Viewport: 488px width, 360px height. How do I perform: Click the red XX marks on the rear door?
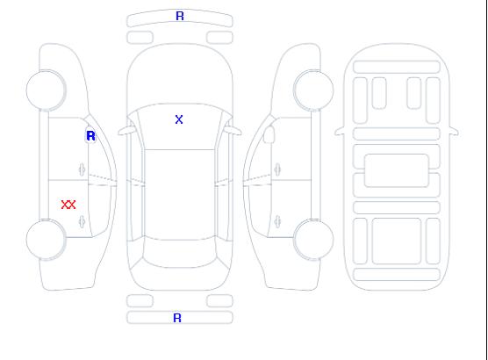68,205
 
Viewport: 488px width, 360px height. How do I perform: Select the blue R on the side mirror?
90,136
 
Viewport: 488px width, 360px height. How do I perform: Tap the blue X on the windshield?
179,119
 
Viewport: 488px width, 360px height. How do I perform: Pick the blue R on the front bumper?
180,16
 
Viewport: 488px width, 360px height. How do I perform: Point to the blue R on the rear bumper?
177,318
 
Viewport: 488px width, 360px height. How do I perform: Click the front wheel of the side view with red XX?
46,90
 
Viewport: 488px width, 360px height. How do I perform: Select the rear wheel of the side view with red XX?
46,240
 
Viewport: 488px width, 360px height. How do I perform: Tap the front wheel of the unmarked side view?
313,90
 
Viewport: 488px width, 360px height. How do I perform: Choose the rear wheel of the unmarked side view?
313,240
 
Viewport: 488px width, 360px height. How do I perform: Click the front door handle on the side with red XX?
82,169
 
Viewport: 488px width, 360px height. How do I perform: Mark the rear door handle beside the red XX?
82,221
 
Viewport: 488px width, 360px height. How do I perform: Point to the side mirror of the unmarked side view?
269,134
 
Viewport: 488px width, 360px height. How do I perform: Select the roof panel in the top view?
180,195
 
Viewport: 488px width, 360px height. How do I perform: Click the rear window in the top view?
180,253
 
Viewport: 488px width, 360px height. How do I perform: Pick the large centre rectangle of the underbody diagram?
397,170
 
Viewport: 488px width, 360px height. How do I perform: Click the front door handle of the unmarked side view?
277,169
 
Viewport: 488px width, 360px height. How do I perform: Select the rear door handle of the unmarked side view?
277,221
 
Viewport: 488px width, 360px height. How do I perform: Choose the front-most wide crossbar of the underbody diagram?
397,67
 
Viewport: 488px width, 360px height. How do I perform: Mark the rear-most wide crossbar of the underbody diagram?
397,274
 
